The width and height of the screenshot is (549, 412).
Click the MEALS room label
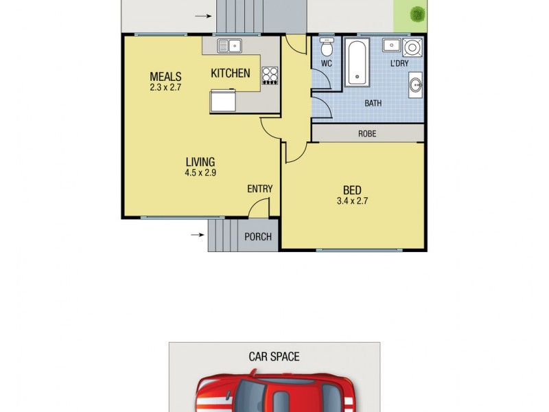[x=165, y=76]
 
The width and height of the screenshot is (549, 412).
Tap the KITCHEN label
[x=230, y=73]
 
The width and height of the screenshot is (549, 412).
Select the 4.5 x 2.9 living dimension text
[x=200, y=173]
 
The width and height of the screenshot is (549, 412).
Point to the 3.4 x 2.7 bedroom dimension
[x=352, y=201]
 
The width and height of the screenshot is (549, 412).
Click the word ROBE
[x=367, y=134]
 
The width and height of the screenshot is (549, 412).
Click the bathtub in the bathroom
[x=358, y=62]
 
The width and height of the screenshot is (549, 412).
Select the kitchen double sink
[x=229, y=46]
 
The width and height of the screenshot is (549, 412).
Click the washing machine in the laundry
[x=413, y=47]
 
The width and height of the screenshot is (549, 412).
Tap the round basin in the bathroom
[x=416, y=86]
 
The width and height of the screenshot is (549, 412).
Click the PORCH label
[x=258, y=237]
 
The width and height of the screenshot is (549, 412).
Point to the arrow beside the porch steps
[x=197, y=235]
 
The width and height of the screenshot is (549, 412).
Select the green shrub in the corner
[x=416, y=14]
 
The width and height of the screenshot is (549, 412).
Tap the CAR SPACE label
[x=274, y=357]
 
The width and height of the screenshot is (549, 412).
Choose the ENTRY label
[x=260, y=190]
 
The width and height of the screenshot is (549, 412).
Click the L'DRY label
[x=399, y=64]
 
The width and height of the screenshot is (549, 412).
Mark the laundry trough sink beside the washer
[x=391, y=45]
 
